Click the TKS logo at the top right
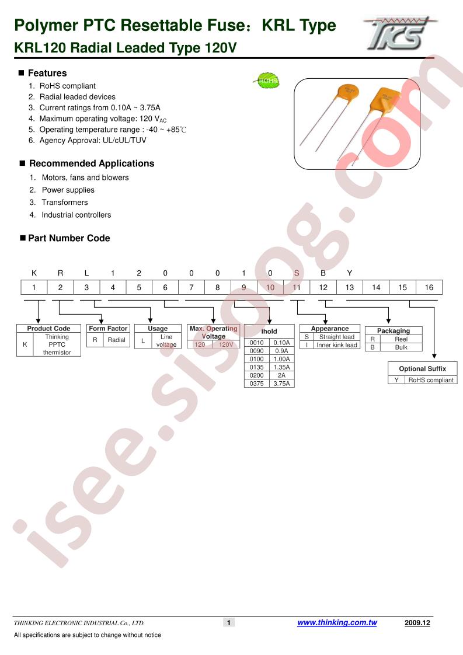tap(399, 33)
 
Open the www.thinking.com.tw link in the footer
tap(337, 622)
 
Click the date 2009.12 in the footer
tap(417, 623)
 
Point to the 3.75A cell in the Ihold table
tap(281, 384)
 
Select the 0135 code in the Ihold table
tap(256, 367)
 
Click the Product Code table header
tap(48, 328)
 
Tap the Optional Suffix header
tap(423, 369)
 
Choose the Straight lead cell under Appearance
tap(337, 337)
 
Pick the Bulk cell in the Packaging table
tap(401, 347)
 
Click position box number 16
tap(429, 287)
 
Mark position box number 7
tap(192, 287)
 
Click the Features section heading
tap(47, 73)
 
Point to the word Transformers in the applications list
tap(65, 202)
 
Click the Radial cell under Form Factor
tap(116, 340)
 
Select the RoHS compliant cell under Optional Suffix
tap(431, 380)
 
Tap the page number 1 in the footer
tap(228, 623)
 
